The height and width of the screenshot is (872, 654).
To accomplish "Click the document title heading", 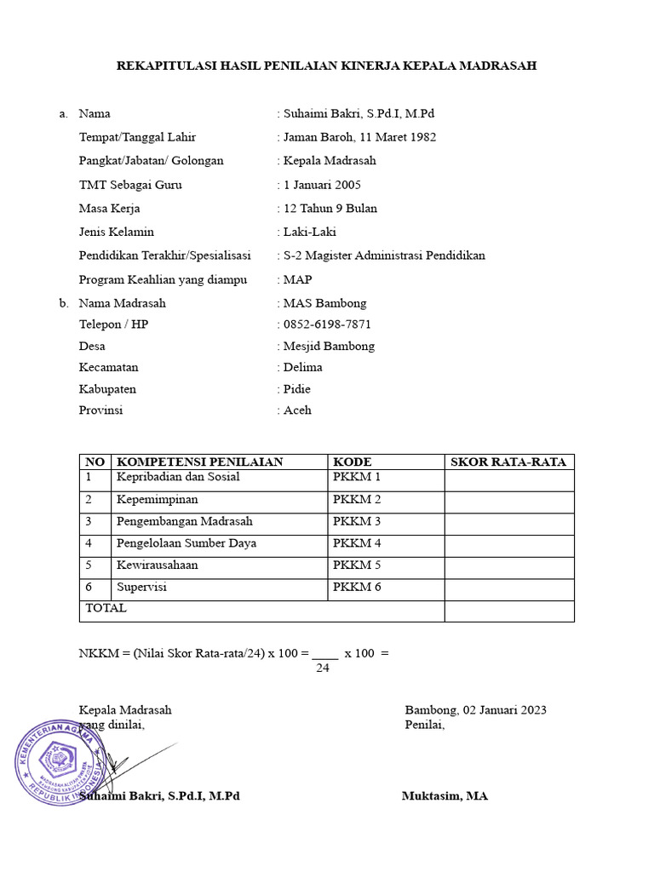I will tap(326, 66).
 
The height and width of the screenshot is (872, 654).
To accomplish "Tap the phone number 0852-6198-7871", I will tap(327, 324).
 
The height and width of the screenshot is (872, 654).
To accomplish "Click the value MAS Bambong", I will tap(324, 303).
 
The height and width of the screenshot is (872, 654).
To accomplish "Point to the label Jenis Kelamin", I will tap(117, 232).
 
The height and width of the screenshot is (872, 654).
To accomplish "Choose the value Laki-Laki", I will tap(310, 232).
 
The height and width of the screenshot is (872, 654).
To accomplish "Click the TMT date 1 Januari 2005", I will tap(323, 185).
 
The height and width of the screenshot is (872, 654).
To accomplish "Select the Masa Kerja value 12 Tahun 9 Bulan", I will tap(330, 209).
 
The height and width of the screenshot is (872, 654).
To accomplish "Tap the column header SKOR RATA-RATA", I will tap(508, 462).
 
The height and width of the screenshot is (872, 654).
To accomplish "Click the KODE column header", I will tap(352, 462).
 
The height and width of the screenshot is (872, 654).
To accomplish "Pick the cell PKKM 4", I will tap(357, 543).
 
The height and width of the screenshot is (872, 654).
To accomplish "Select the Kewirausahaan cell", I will tap(158, 565).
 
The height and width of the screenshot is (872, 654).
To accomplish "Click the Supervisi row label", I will tap(141, 588).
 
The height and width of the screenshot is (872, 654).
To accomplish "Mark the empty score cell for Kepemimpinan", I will tap(508, 500).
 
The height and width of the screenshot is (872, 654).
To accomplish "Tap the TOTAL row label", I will tap(106, 609).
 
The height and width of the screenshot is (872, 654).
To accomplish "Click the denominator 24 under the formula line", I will tap(323, 668).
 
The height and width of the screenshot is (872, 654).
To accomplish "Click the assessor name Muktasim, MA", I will tap(445, 796).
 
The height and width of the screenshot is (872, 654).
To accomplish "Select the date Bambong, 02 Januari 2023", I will tap(475, 710).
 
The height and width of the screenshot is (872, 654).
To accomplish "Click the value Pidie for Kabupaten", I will tap(297, 389).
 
